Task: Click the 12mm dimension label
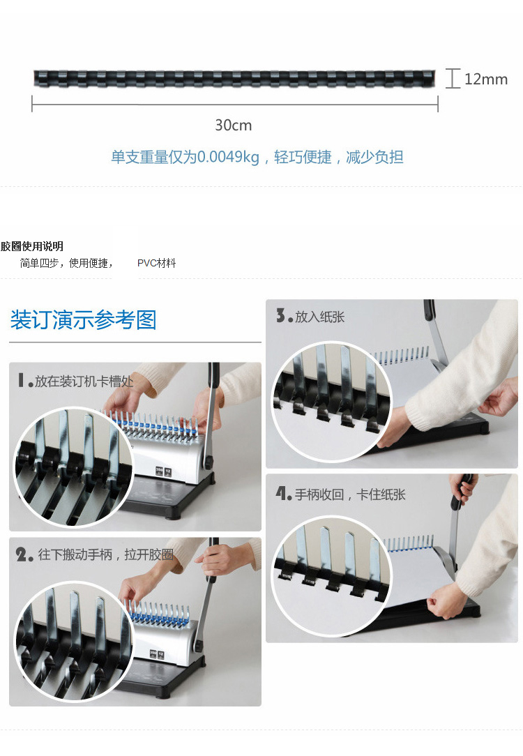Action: [486, 79]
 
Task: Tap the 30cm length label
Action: [234, 126]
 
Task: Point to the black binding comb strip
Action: [234, 79]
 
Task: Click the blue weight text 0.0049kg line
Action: [257, 157]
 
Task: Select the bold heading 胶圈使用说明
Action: [32, 246]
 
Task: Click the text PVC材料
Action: [157, 263]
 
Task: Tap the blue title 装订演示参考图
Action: [84, 319]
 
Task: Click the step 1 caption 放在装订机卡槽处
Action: [84, 381]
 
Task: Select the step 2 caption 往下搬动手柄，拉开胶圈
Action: [105, 554]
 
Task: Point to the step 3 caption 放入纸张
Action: [319, 317]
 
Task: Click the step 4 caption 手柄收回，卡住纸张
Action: [350, 494]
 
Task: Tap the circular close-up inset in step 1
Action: [73, 467]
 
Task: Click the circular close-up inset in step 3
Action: [332, 402]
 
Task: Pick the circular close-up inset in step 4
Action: [333, 575]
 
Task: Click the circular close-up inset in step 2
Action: [74, 641]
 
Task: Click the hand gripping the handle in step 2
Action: [217, 559]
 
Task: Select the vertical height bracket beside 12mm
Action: [453, 79]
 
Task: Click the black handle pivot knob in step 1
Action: [209, 463]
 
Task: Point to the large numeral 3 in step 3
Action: [280, 315]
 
